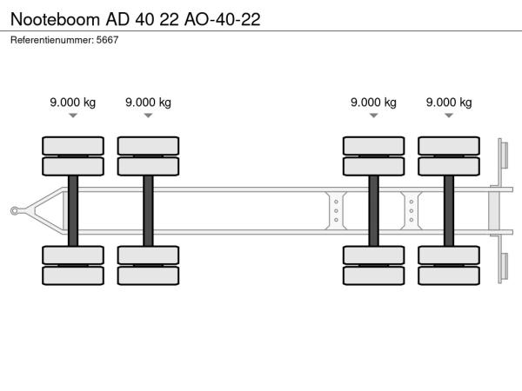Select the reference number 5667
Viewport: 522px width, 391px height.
[x=107, y=41]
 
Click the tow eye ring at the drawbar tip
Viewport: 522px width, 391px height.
[x=15, y=210]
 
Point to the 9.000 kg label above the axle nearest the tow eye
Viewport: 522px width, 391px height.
[x=73, y=102]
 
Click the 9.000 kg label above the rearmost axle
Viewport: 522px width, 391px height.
[x=449, y=102]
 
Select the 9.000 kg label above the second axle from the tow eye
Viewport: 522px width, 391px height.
[x=148, y=102]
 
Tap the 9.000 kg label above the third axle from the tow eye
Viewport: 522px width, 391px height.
[x=373, y=102]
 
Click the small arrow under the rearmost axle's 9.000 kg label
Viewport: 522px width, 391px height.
[x=449, y=115]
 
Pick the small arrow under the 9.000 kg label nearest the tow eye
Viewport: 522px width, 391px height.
[x=73, y=115]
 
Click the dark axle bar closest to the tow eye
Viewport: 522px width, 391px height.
[x=73, y=210]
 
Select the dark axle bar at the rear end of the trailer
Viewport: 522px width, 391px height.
[x=449, y=210]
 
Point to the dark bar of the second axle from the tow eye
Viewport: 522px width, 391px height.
[x=148, y=210]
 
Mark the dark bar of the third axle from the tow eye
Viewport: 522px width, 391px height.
[x=373, y=210]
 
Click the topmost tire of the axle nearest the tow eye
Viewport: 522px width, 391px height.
[x=73, y=145]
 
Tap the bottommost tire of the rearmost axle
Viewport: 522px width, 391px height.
[x=449, y=275]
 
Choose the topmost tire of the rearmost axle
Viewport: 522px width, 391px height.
[x=449, y=145]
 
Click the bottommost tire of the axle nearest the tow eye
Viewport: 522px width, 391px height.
[x=73, y=275]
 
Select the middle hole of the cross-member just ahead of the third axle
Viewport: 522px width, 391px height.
[x=336, y=210]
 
